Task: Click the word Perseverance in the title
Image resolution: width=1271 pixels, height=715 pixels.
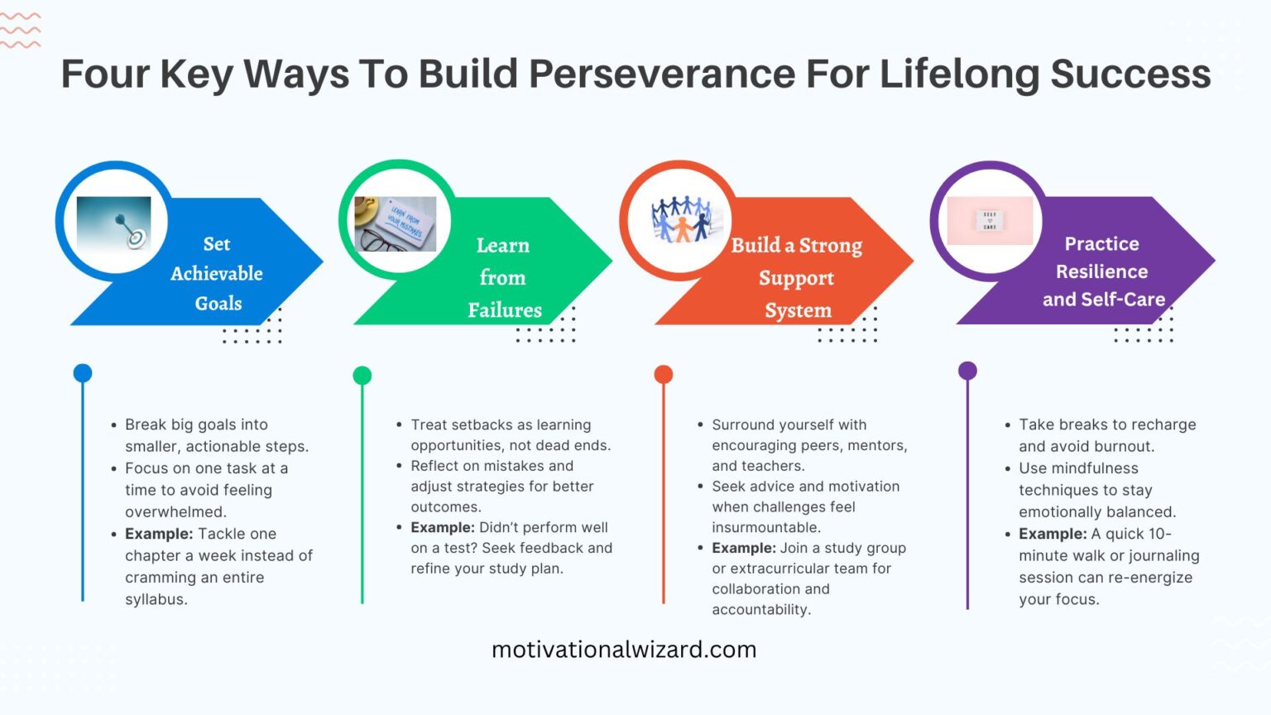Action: [x=661, y=74]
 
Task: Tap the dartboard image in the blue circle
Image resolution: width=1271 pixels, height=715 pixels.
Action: [x=113, y=223]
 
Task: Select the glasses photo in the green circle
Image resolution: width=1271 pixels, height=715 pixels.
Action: [x=396, y=223]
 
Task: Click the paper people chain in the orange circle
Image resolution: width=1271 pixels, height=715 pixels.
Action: [x=680, y=219]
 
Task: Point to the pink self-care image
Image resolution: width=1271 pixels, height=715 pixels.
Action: [x=990, y=221]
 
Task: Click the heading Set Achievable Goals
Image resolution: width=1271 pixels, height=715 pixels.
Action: [x=217, y=273]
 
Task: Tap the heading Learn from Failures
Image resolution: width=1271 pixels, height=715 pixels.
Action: [x=503, y=277]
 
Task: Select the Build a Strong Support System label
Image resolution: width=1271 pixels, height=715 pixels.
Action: [x=796, y=277]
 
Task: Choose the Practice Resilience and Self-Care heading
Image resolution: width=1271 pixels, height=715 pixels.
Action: [x=1102, y=271]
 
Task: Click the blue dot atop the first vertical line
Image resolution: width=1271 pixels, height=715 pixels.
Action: [x=83, y=373]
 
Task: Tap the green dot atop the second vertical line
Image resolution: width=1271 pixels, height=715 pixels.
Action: [x=362, y=376]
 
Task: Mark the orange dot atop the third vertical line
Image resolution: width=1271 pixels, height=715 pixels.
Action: [x=664, y=375]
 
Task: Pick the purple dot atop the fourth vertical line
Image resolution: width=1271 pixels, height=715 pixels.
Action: [x=967, y=371]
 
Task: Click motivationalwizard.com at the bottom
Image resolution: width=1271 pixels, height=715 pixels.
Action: [x=624, y=650]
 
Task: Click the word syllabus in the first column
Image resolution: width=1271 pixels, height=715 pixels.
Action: [x=156, y=599]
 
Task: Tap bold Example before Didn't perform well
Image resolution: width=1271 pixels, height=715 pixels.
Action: [x=442, y=527]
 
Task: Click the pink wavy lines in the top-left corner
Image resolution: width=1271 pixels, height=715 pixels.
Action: [x=20, y=30]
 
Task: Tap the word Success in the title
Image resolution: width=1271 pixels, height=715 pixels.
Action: [x=1130, y=74]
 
